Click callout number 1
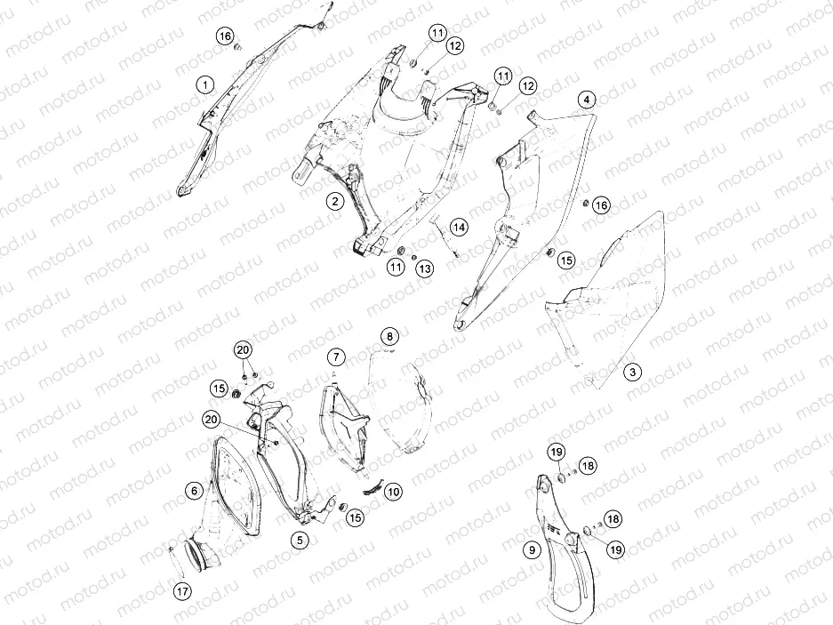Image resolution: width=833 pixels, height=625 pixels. (x=205, y=84)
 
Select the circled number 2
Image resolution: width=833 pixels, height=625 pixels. (x=334, y=201)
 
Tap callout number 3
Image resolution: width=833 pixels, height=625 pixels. (x=632, y=372)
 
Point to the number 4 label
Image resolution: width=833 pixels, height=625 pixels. (x=587, y=100)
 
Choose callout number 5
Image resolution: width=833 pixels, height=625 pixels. (x=300, y=540)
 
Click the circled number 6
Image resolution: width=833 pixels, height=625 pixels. (x=195, y=490)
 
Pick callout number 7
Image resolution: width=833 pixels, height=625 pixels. (x=336, y=357)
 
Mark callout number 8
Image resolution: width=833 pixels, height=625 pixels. (x=389, y=336)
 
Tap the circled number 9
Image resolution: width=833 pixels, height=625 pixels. (x=533, y=550)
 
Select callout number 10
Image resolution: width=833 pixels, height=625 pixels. (x=393, y=492)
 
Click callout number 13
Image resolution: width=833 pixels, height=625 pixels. (x=424, y=268)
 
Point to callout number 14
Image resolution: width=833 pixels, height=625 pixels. (x=459, y=228)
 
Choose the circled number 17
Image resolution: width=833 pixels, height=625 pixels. (x=183, y=591)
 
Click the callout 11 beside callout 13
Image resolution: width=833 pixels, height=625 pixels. (x=396, y=266)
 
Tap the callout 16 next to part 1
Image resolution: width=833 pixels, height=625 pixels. (x=225, y=36)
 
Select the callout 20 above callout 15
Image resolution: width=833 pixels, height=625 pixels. (x=244, y=349)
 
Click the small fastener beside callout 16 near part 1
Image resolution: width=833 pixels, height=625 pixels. (x=238, y=47)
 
